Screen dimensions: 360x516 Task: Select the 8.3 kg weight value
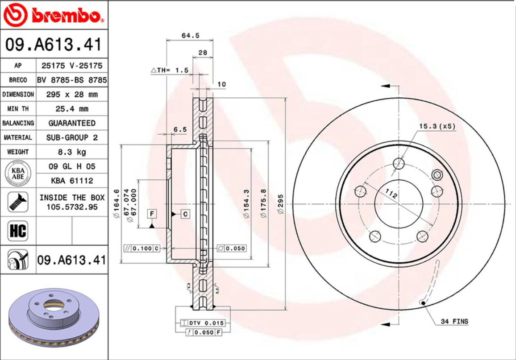click(72, 152)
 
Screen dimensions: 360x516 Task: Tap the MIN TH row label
click(18, 109)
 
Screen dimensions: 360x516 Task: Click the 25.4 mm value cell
click(72, 109)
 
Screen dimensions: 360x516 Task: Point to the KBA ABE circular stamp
click(18, 174)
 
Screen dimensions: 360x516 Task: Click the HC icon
click(18, 231)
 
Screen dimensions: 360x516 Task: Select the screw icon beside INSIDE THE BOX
click(18, 202)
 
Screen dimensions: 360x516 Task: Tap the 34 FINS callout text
click(454, 321)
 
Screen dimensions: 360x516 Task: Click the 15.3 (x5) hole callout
click(437, 126)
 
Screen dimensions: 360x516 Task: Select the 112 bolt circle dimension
click(391, 194)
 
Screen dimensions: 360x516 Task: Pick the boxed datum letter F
click(152, 214)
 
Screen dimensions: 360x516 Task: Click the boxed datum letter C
click(185, 214)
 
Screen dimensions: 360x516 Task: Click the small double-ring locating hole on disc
click(437, 174)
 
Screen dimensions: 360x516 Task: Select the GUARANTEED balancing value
click(72, 123)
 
